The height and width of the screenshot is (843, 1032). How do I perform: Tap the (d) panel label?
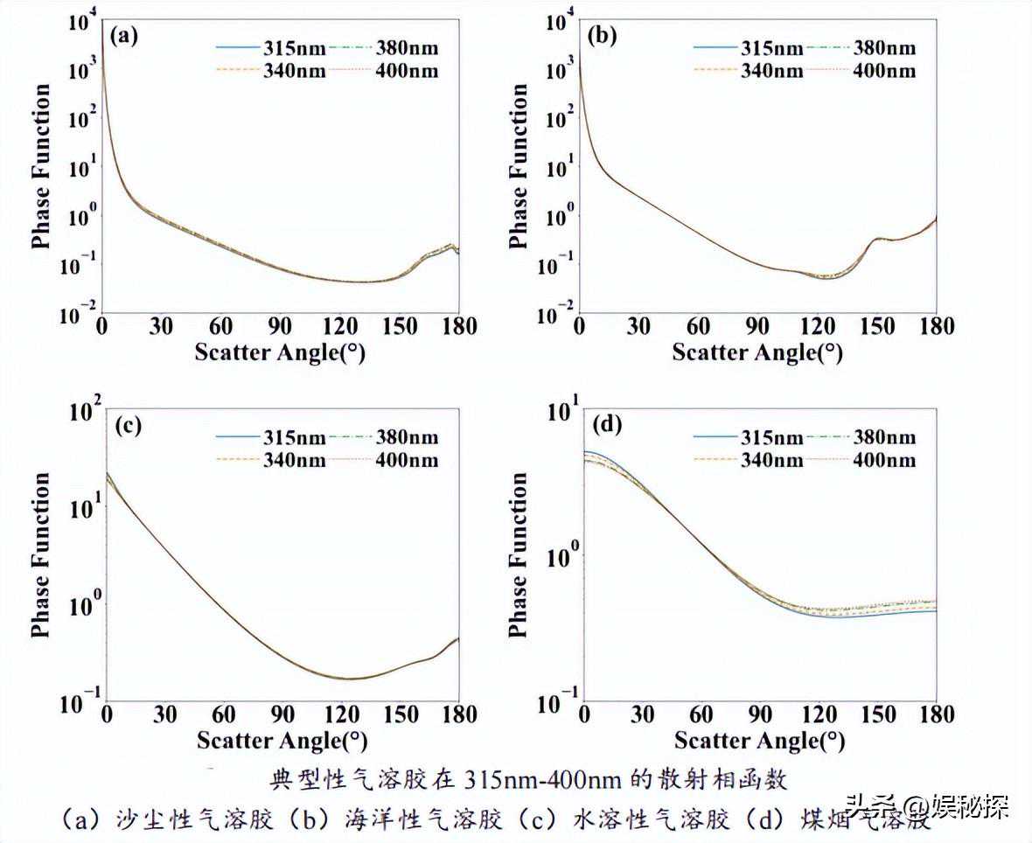pos(607,425)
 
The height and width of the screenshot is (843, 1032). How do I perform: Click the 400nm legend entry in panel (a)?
pos(407,70)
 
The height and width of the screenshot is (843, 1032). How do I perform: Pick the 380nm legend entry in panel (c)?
pos(407,436)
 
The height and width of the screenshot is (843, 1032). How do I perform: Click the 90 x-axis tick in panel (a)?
pos(280,327)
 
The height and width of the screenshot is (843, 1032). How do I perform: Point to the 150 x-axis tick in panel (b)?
pos(877,327)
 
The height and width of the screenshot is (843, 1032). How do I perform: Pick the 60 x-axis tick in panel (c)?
pos(223,715)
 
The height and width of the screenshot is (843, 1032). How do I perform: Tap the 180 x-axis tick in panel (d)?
pos(937,715)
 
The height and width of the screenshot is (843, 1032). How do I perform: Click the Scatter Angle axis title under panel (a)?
pos(281,352)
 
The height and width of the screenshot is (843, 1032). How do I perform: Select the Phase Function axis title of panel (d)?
pos(519,554)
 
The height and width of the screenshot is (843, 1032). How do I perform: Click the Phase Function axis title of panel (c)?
pos(41,554)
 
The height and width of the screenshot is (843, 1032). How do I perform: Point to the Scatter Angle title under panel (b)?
pos(757,352)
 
